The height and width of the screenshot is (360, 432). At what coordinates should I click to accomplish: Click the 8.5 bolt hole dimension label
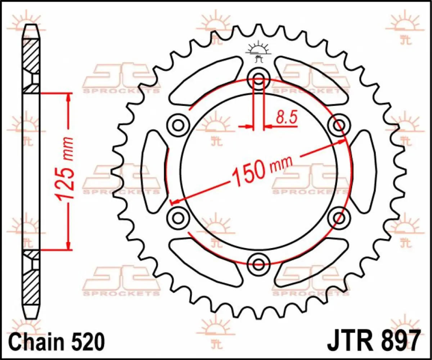(287, 117)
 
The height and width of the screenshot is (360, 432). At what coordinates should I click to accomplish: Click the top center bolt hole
(258, 77)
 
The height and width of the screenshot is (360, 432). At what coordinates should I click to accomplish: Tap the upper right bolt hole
(339, 125)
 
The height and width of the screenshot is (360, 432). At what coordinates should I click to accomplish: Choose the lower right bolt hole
(339, 217)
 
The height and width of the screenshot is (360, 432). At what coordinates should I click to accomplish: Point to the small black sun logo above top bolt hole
(258, 51)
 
